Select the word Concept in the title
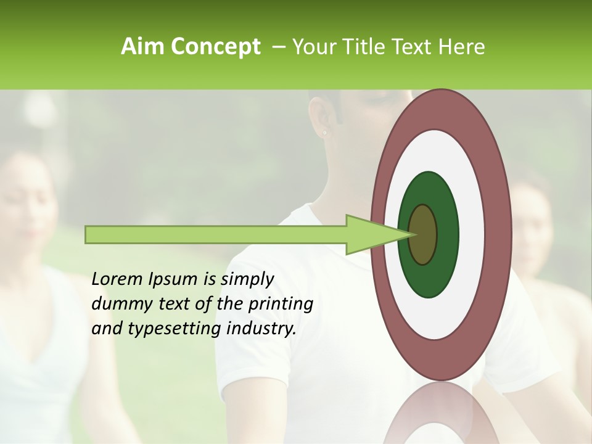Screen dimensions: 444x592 pos(215,47)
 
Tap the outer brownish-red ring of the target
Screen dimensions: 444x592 pos(501,234)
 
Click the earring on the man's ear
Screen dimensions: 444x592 pos(324,132)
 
